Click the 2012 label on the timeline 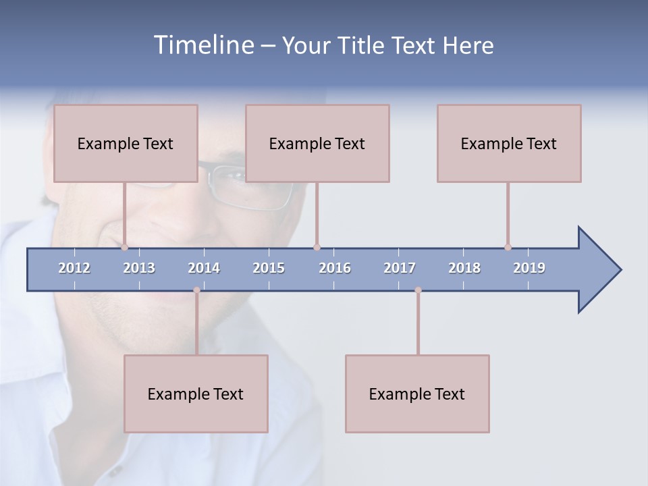coord(74,268)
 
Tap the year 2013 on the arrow coord(139,268)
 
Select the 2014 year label coord(204,268)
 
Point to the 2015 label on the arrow coord(269,268)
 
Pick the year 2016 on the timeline coord(335,268)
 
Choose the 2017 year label coord(400,268)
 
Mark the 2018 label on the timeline coord(464,268)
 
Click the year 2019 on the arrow coord(529,268)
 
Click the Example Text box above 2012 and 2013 coord(126,143)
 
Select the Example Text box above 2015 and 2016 coord(317,143)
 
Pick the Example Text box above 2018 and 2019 coord(509,143)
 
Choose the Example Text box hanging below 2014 coord(196,394)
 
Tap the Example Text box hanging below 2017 coord(417,394)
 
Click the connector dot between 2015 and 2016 coord(317,247)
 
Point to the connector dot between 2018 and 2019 coord(508,247)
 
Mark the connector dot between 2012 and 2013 coord(125,247)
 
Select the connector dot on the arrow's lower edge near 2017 coord(418,290)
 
